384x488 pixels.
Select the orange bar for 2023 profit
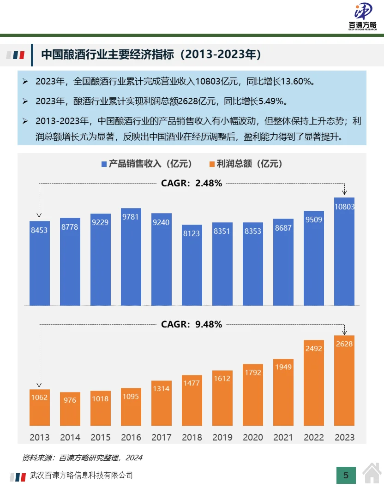[x=344, y=381]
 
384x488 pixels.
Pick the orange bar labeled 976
[x=70, y=409]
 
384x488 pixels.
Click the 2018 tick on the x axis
[x=192, y=437]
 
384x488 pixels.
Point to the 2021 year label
[x=283, y=437]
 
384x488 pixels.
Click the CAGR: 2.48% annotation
[x=192, y=183]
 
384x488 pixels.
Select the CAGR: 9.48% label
[x=192, y=324]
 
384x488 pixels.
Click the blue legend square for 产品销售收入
[x=104, y=164]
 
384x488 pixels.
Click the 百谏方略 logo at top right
[x=362, y=17]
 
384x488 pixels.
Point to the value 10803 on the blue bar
[x=344, y=207]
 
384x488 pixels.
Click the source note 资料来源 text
[x=82, y=458]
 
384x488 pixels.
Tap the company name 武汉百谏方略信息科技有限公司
[x=81, y=475]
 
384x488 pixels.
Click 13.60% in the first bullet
[x=295, y=82]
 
